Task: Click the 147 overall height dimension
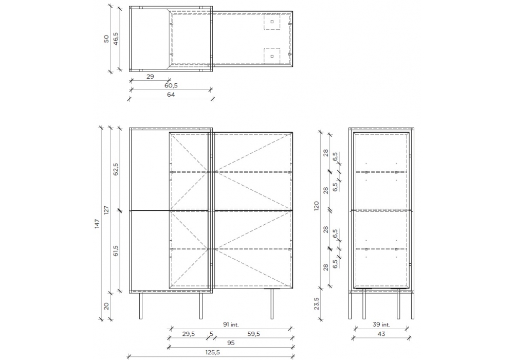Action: (97, 224)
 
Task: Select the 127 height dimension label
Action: (106, 210)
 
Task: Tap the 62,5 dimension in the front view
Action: (116, 170)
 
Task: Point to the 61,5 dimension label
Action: (116, 251)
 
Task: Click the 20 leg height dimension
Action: (106, 306)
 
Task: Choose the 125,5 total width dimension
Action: (212, 352)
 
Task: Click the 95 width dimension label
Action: (231, 343)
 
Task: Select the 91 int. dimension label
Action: (231, 325)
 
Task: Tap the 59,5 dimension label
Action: (253, 334)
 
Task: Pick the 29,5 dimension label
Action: (188, 334)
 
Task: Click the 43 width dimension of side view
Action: (381, 334)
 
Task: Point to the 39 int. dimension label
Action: (381, 325)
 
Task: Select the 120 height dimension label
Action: (316, 206)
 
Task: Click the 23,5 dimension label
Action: (316, 304)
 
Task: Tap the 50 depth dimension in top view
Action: (106, 39)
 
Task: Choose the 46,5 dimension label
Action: (116, 39)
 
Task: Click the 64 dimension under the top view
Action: (171, 95)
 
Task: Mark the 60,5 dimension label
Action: (171, 85)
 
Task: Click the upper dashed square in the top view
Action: (272, 22)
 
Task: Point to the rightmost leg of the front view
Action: (272, 303)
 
